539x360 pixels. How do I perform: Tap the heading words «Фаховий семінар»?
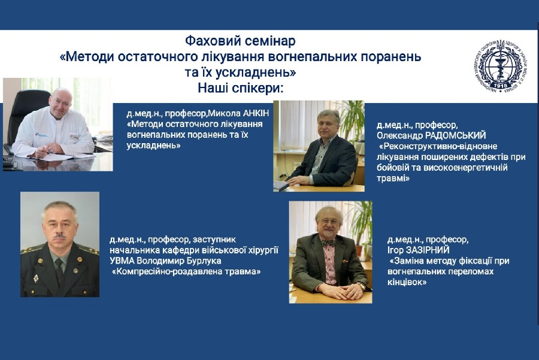point(240,41)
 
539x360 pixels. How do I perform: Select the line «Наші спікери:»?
point(241,89)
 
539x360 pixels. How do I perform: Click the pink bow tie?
point(329,243)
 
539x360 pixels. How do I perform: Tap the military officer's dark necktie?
point(59,270)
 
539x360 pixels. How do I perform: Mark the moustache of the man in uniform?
point(59,237)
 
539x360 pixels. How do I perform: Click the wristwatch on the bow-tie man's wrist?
point(362,285)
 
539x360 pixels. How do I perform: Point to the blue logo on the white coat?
point(41,134)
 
